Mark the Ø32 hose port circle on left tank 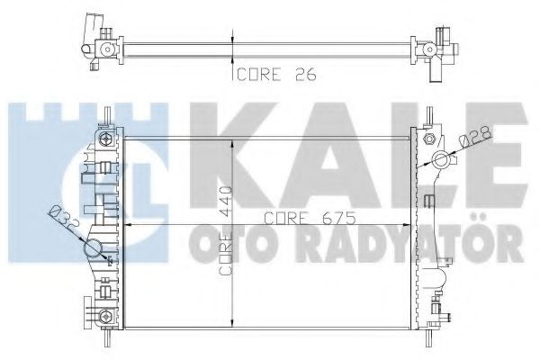coord(96,249)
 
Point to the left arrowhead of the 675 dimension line coord(126,224)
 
